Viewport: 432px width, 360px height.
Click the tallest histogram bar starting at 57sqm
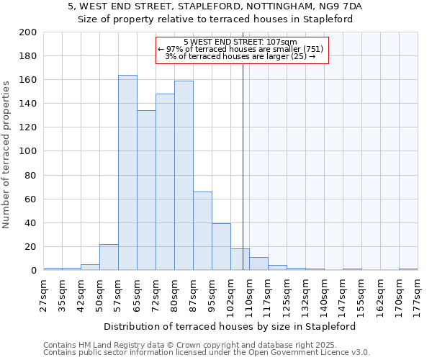(x=127, y=173)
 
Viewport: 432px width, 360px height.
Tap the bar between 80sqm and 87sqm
(x=184, y=176)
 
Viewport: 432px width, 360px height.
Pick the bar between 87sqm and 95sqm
(x=202, y=231)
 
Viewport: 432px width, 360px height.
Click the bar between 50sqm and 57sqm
(x=109, y=257)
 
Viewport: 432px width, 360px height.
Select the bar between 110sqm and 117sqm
(x=258, y=264)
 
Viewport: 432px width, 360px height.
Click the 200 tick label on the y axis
(x=28, y=32)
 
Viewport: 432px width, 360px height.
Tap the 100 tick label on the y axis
(x=28, y=151)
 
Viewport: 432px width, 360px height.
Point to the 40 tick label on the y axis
(x=30, y=222)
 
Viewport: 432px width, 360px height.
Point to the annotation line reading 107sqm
(x=240, y=42)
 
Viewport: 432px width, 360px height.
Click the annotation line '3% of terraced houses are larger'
(x=240, y=56)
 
